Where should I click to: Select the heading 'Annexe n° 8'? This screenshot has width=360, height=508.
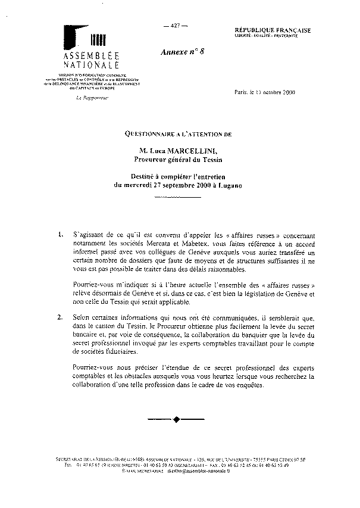click(x=183, y=52)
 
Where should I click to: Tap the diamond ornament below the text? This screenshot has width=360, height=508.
click(x=176, y=420)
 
